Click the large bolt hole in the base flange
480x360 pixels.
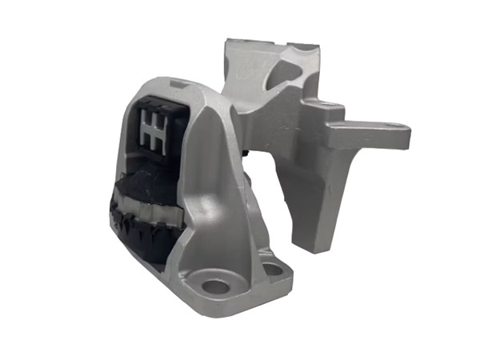point(214,285)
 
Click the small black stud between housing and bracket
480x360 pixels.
point(242,150)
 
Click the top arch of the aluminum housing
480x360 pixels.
point(172,84)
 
